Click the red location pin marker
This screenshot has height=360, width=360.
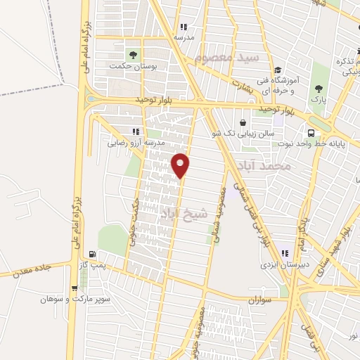tap(181, 165)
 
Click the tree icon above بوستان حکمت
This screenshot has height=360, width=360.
tap(131, 53)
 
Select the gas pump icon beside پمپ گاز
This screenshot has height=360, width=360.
tap(91, 255)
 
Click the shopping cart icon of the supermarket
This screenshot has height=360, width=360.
tap(75, 288)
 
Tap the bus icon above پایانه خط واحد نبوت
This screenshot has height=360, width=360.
tap(311, 134)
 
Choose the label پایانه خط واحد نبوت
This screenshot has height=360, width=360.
tap(311, 145)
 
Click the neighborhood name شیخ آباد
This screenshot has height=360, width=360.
tap(184, 213)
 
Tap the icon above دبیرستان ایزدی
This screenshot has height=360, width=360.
tap(285, 253)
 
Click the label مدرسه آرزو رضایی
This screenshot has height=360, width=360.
tap(136, 143)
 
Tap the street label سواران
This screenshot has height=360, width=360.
tap(259, 300)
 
